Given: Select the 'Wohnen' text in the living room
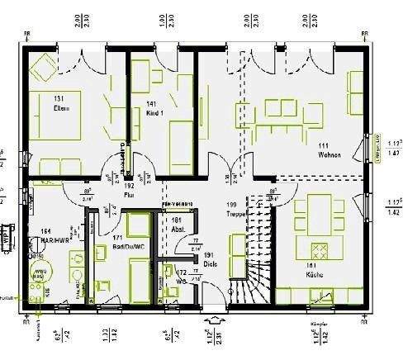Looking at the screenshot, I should [329, 154].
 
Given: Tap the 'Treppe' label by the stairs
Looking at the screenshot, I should [235, 211].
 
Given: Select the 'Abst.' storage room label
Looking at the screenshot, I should [176, 230].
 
